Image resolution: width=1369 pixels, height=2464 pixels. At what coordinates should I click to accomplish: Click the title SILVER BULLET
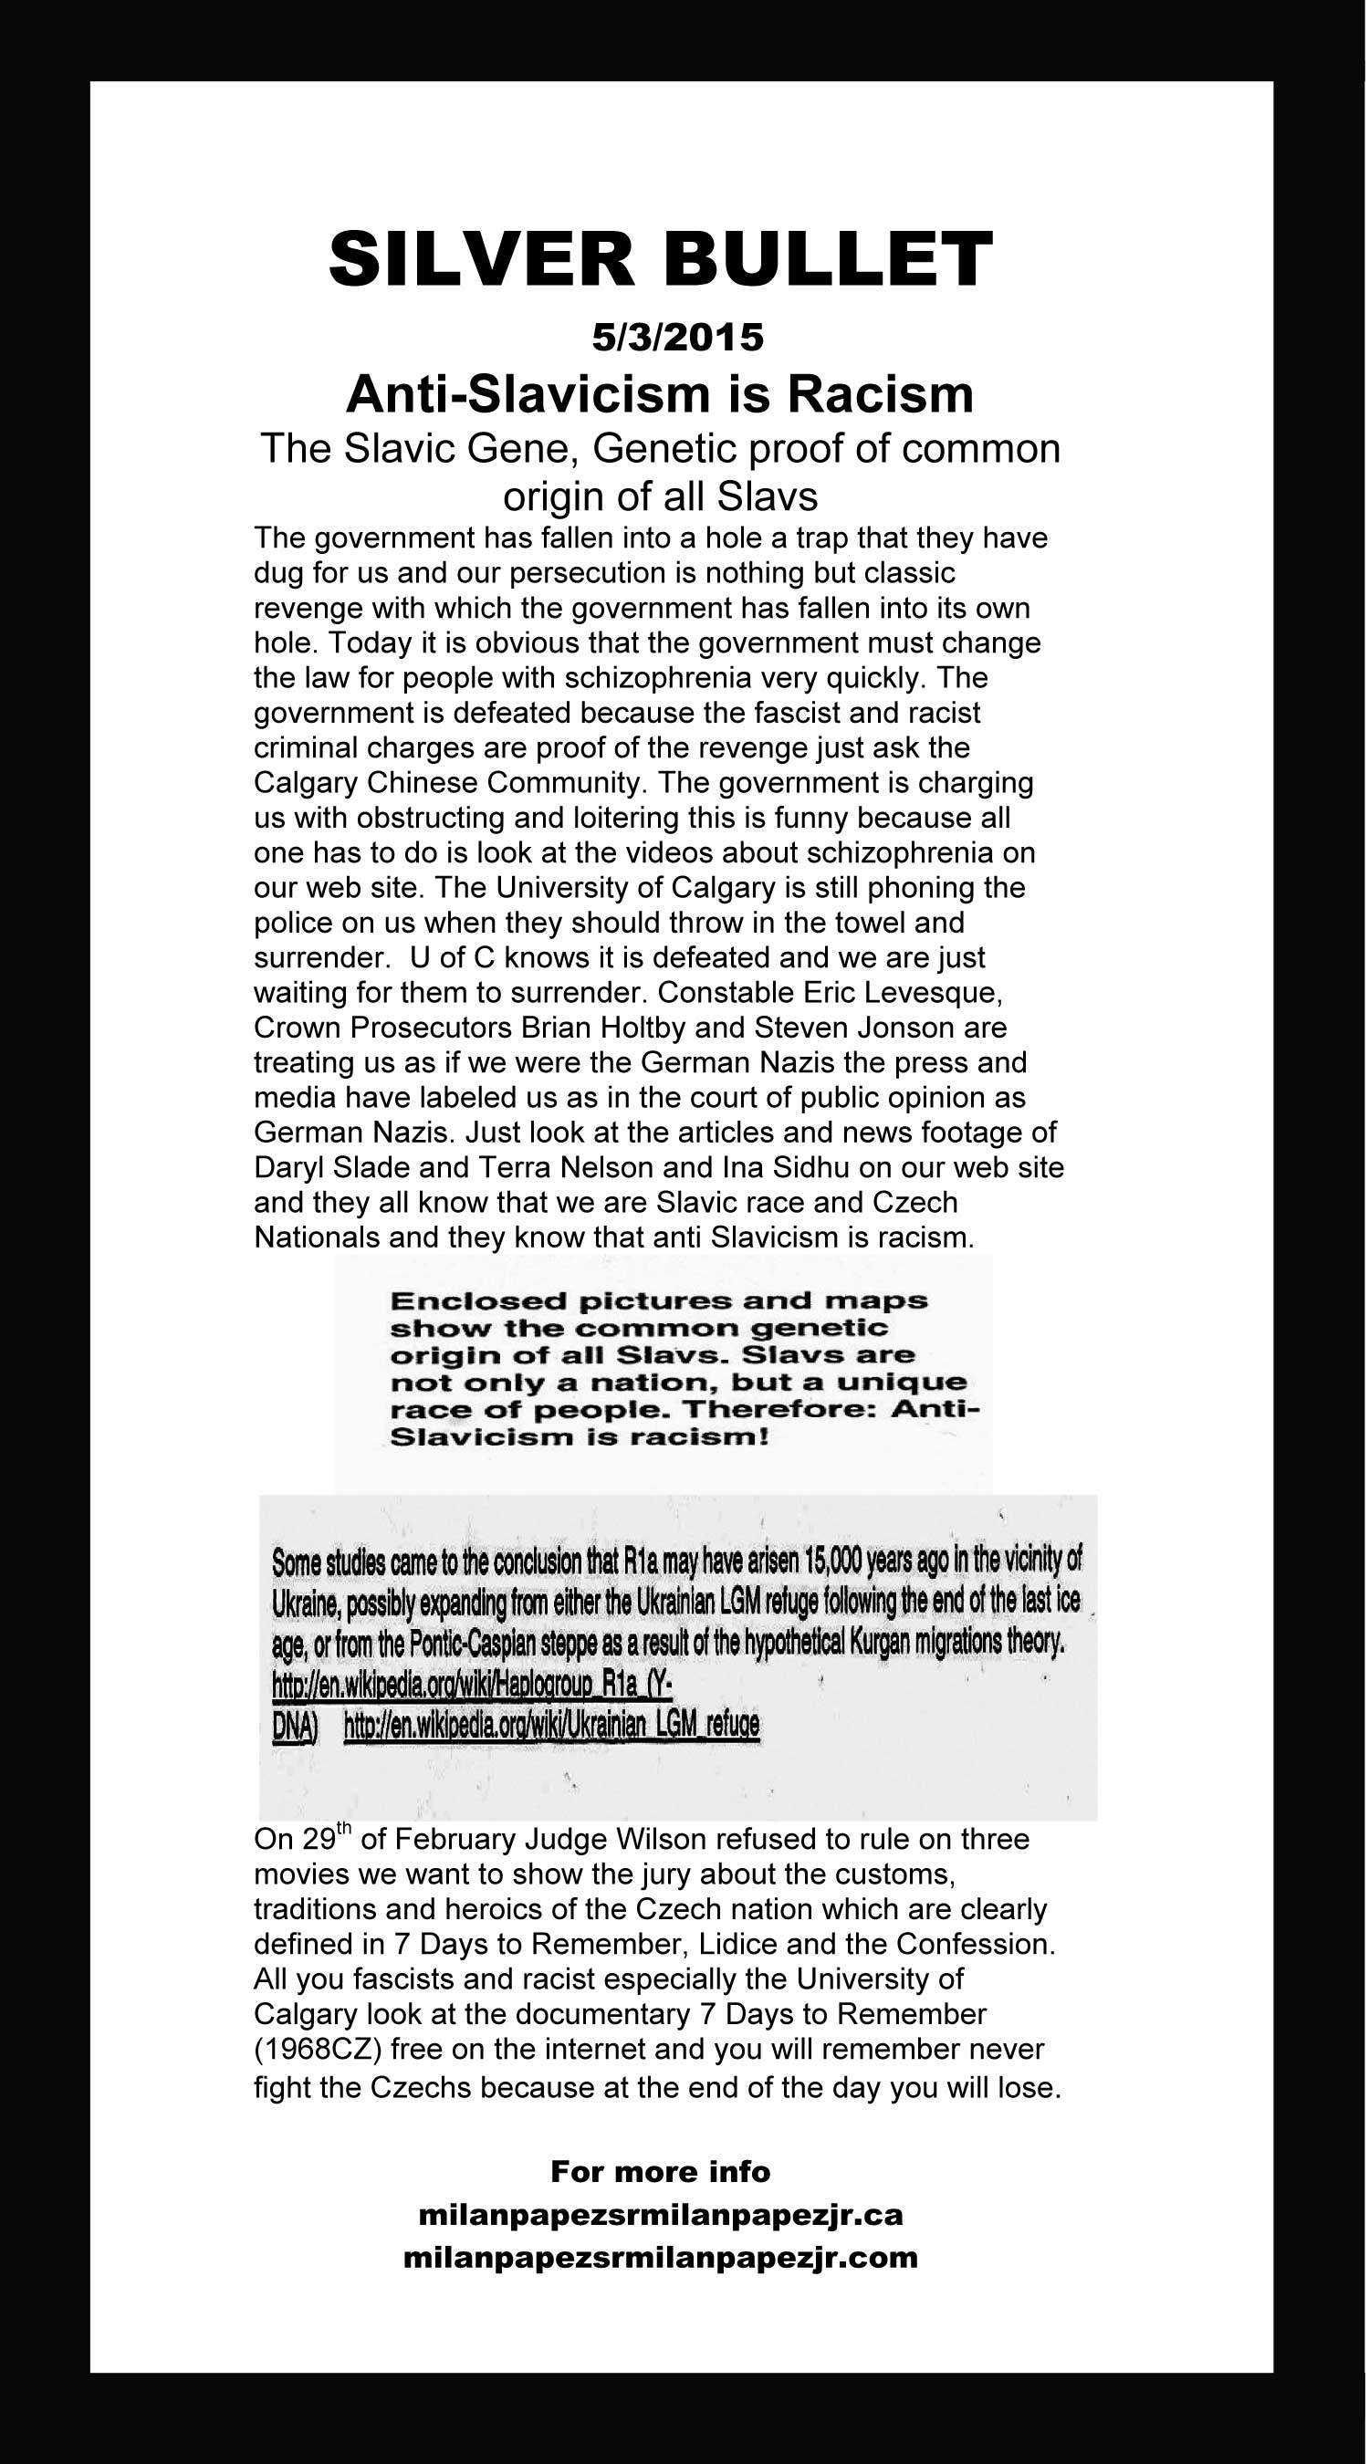coord(660,260)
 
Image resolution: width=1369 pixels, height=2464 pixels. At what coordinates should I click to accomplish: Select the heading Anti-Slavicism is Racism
coord(659,393)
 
